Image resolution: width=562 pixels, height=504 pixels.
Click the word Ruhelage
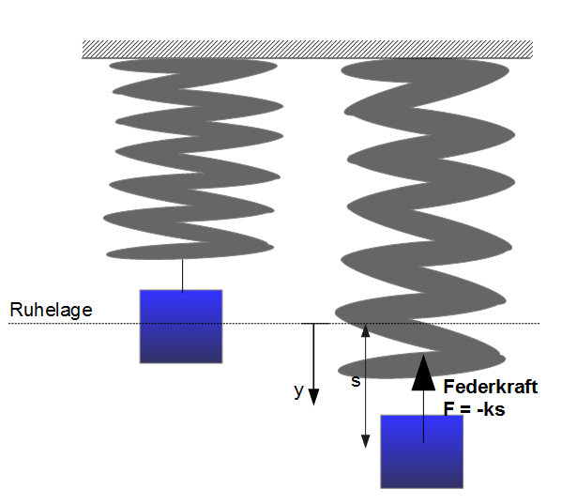click(x=51, y=311)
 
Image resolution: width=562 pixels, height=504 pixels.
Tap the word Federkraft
click(x=491, y=387)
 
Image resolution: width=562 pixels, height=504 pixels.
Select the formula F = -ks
click(x=474, y=408)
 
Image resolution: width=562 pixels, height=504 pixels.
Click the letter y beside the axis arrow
click(x=298, y=390)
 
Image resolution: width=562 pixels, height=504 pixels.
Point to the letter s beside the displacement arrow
click(x=356, y=381)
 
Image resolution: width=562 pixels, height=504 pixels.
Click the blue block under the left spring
click(x=181, y=327)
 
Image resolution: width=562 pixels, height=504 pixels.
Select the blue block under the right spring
click(x=421, y=451)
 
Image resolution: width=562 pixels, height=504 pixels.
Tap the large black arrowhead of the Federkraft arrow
click(x=423, y=373)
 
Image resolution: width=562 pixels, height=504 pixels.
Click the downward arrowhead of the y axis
click(x=313, y=397)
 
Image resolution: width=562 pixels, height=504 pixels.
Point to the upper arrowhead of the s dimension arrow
click(x=365, y=330)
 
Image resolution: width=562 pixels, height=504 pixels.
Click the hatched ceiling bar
click(x=308, y=50)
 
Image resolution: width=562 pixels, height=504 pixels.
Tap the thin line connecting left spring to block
click(x=182, y=275)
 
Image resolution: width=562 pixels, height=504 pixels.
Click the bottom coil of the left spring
click(x=190, y=251)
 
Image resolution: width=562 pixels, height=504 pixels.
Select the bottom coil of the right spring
click(x=422, y=366)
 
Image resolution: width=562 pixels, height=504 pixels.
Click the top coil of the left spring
click(x=193, y=66)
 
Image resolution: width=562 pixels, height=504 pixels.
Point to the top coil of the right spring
click(x=425, y=70)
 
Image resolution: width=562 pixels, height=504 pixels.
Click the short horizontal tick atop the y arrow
click(x=314, y=324)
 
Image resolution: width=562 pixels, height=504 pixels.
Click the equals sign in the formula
click(x=464, y=409)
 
